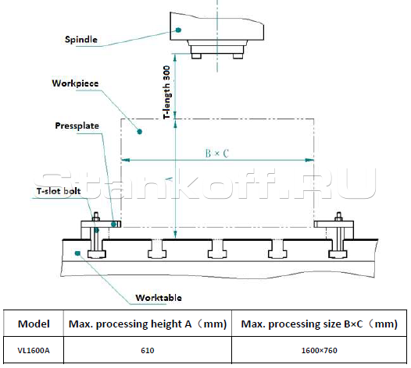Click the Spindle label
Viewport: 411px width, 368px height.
pos(81,40)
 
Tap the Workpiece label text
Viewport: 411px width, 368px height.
pos(75,83)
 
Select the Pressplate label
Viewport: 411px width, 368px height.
pos(77,126)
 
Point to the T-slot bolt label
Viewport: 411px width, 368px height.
pos(59,191)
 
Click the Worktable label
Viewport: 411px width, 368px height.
pos(159,298)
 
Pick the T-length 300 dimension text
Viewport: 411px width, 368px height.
pos(166,92)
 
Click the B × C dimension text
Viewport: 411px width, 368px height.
pos(217,154)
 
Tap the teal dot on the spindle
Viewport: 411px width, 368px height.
pos(178,30)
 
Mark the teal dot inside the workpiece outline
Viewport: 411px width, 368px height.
pos(140,131)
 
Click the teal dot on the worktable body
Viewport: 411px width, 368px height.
pos(77,253)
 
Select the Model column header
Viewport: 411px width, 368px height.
pos(34,324)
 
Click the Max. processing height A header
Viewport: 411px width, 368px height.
pos(148,324)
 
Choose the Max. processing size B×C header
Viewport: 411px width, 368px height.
pos(320,324)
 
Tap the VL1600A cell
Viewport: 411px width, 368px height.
pos(34,351)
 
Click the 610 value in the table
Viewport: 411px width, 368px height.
pos(148,351)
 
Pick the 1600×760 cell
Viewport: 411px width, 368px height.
pos(320,351)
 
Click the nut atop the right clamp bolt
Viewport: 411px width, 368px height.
pos(338,216)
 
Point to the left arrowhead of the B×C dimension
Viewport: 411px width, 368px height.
pos(126,160)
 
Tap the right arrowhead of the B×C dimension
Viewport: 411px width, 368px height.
pos(309,160)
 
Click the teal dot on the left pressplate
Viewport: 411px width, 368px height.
pos(114,224)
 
